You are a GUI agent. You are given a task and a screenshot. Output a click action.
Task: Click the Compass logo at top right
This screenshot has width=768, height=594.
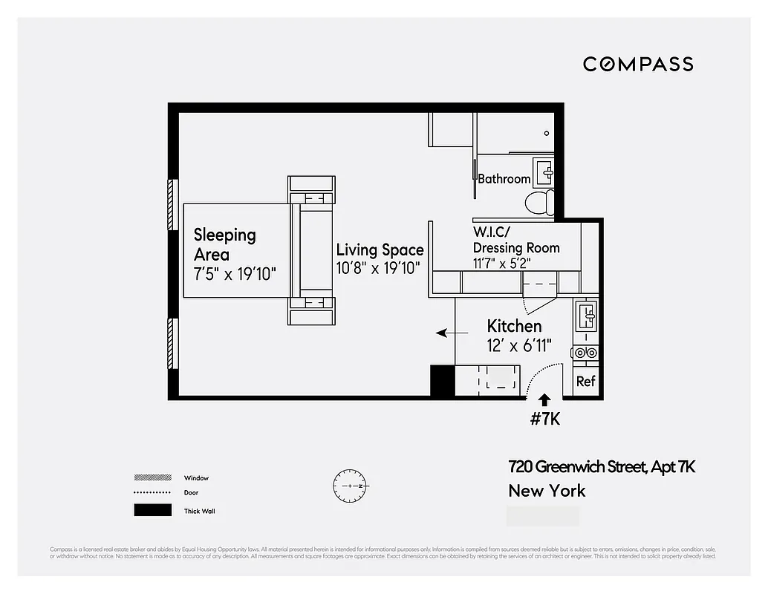(638, 64)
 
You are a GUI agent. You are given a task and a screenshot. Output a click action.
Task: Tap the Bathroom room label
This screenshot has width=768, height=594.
(504, 179)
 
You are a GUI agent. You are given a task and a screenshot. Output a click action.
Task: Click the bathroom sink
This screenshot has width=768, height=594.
(546, 173)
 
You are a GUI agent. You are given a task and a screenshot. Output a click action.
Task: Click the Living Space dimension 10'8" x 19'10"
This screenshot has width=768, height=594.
(380, 268)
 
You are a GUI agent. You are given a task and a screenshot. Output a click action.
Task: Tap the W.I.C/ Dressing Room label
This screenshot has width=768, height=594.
(516, 240)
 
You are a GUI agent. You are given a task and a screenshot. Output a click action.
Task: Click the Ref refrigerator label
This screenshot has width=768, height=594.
(586, 382)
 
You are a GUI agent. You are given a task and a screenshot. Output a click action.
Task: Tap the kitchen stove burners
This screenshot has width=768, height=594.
(585, 353)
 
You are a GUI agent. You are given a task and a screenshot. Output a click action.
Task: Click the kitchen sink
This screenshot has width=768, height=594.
(587, 316)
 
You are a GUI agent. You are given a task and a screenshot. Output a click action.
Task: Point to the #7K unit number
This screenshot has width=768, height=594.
(544, 419)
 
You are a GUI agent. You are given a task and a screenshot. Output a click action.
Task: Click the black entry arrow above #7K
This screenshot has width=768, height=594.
(544, 399)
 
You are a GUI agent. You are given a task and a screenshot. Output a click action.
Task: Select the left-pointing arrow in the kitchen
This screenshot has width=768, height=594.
(446, 333)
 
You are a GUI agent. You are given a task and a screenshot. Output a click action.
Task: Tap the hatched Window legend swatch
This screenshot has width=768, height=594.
(152, 477)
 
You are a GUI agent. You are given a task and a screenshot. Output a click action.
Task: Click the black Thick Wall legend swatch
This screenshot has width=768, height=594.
(152, 510)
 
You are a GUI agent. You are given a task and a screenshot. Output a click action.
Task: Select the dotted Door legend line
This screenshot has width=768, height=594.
(152, 493)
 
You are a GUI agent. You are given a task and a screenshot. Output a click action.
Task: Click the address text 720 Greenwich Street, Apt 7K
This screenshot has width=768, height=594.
(602, 467)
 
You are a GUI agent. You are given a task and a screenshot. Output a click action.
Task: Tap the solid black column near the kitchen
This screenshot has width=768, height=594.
(443, 382)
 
